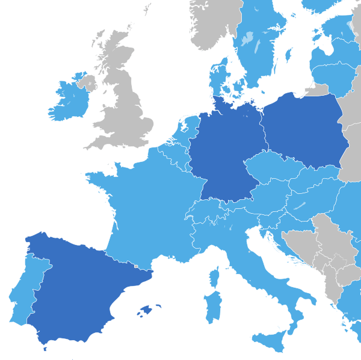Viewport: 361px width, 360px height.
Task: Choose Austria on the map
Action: (x=265, y=196)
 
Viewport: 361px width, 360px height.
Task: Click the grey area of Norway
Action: (x=211, y=24)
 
